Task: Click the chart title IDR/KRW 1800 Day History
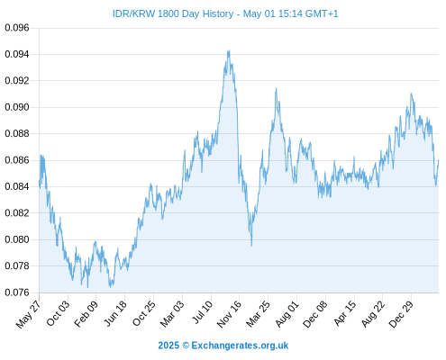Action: (173, 13)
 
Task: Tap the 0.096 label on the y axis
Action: (17, 28)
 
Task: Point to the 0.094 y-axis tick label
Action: (17, 54)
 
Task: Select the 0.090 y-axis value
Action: (17, 107)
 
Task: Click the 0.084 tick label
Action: (17, 186)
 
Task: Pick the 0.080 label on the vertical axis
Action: (17, 239)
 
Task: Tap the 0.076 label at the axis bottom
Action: (17, 292)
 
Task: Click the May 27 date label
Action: (28, 314)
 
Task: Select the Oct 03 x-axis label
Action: (58, 313)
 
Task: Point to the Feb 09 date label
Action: (86, 313)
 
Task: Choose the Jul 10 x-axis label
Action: (202, 312)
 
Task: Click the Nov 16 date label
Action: (229, 314)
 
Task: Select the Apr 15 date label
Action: (345, 313)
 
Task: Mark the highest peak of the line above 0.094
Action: (229, 50)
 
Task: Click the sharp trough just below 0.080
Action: (251, 246)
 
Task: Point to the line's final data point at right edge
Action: (438, 160)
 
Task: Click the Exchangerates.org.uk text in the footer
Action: (240, 346)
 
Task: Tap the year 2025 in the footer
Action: (168, 346)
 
